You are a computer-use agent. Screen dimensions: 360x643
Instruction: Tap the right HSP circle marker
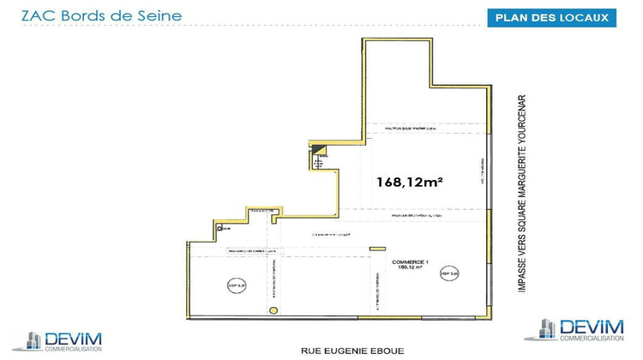click(449, 273)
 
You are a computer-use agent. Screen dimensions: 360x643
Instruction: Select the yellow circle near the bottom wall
click(273, 309)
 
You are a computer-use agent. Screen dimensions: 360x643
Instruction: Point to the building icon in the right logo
click(547, 329)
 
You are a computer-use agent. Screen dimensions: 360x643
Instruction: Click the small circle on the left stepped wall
click(220, 227)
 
